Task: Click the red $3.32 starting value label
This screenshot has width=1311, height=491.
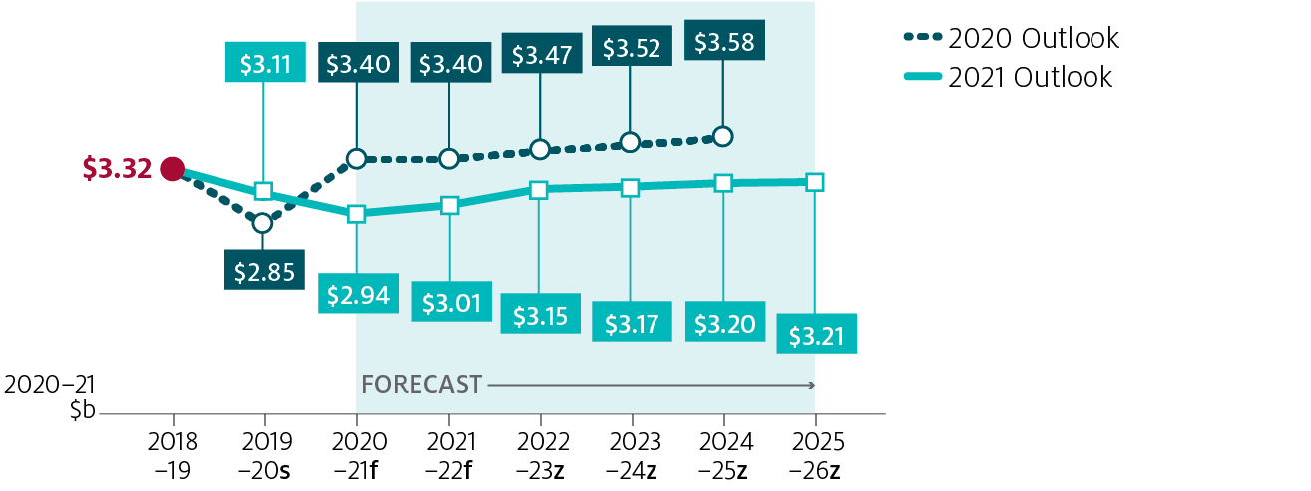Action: click(x=117, y=168)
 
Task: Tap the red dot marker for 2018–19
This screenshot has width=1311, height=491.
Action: click(x=173, y=168)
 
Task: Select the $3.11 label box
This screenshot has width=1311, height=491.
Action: click(x=265, y=64)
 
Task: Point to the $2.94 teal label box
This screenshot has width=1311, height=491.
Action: click(x=356, y=294)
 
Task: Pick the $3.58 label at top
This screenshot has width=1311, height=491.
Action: click(x=724, y=44)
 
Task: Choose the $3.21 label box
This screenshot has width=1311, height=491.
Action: click(x=816, y=336)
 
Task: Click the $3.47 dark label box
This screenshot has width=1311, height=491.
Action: click(x=540, y=54)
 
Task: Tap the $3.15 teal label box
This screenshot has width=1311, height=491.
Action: click(x=540, y=315)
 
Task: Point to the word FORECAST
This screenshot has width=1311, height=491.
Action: click(x=421, y=384)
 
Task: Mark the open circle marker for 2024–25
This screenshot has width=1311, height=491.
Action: click(x=723, y=136)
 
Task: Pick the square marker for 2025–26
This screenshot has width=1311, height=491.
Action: click(x=815, y=181)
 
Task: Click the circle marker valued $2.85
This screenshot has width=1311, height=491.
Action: click(x=262, y=223)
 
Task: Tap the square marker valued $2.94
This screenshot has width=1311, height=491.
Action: click(x=356, y=214)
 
